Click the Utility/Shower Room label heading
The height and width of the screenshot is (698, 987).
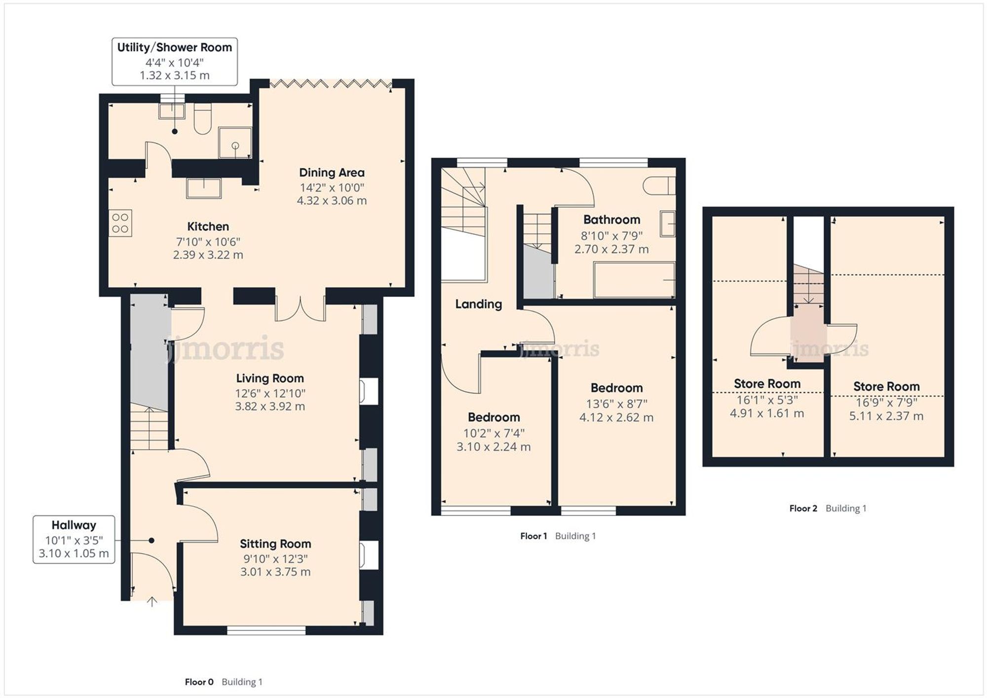pos(174,47)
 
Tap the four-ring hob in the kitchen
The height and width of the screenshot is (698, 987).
pos(120,223)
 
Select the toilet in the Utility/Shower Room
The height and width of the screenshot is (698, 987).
pos(202,119)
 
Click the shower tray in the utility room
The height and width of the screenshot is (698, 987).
pos(235,143)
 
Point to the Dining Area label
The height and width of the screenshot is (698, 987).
pos(332,173)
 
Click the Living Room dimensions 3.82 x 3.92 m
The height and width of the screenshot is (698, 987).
pos(270,406)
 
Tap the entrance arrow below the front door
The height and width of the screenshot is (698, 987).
pos(152,601)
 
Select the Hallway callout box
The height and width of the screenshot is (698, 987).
pos(74,539)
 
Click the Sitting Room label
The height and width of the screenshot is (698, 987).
pos(275,544)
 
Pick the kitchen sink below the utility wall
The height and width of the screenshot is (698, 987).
pos(204,188)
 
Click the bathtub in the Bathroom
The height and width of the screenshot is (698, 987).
pos(634,280)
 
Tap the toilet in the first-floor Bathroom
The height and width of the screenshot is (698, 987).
pos(658,185)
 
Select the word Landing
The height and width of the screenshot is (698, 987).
pos(478,304)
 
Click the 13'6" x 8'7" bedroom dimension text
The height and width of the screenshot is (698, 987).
pos(616,404)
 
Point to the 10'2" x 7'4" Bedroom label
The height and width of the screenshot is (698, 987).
pos(493,417)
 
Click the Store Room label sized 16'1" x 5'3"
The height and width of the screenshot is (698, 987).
pos(767,383)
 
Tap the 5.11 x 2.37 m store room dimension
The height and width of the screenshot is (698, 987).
pos(886,416)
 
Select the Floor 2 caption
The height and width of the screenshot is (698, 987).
pos(803,508)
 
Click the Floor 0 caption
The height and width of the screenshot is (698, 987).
pos(199,682)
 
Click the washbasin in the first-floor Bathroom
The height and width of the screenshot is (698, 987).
pos(667,223)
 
